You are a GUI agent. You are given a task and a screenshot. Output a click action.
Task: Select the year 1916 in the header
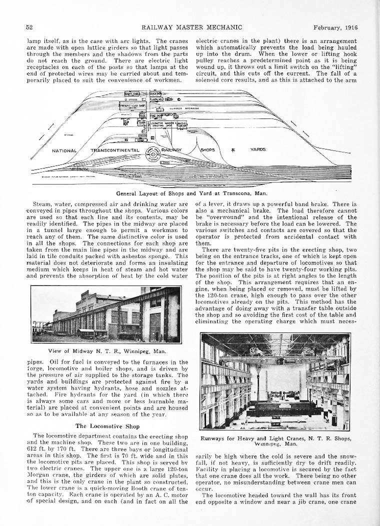point(350,27)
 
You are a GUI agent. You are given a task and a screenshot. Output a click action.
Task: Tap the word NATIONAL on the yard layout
point(64,150)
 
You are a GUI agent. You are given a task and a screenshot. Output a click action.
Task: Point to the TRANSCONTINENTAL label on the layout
point(114,150)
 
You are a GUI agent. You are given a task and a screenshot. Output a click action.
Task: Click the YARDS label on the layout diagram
point(258,149)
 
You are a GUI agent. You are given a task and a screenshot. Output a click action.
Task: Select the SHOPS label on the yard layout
point(207,149)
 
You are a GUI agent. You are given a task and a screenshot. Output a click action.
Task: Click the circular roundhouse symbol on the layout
point(153,155)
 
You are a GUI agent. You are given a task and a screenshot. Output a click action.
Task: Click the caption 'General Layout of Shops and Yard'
point(191,193)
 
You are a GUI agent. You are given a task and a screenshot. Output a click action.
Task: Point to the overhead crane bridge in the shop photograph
point(280,357)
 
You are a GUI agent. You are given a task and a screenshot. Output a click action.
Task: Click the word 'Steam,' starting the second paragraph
point(42,204)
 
